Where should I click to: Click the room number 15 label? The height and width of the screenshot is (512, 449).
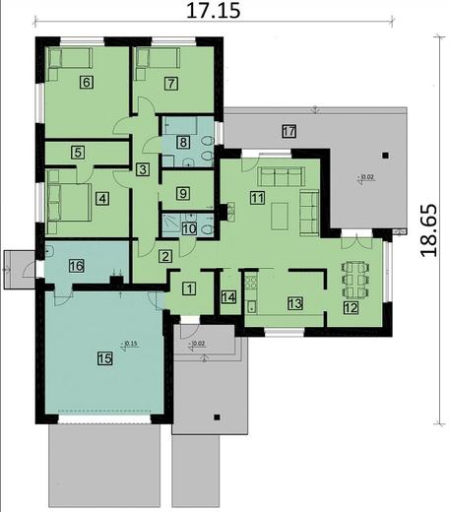coord(104,359)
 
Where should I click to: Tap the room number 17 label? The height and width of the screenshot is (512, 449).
coord(289,131)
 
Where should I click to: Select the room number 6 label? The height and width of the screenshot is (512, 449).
coord(87,83)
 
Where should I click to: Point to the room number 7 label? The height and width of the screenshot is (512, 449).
coord(171,83)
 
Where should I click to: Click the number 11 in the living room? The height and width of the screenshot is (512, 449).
coord(257,198)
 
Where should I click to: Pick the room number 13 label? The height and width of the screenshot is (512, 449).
coord(294,303)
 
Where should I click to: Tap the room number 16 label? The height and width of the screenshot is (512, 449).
coord(76,265)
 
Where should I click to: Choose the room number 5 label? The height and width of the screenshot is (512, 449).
coord(78,153)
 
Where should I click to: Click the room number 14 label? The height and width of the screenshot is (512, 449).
coord(228,297)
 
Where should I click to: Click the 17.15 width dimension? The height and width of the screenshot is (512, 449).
coord(214,12)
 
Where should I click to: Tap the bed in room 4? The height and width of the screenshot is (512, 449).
coord(61,193)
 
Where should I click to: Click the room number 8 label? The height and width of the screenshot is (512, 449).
coord(183,143)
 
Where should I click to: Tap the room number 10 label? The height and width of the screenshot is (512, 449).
coord(189,228)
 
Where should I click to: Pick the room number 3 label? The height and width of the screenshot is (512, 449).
coord(143,170)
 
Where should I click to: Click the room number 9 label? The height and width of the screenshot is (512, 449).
coord(183,194)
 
